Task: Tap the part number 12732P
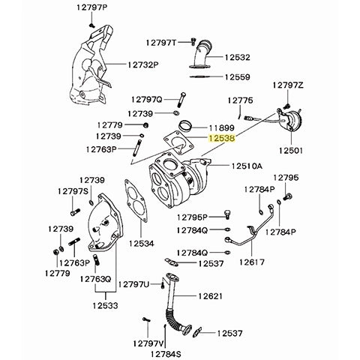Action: (x=145, y=66)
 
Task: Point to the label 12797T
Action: (x=161, y=43)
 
